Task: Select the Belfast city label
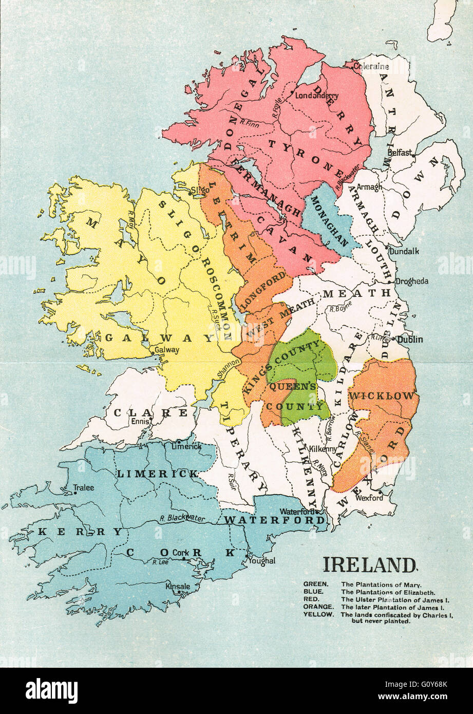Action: point(400,153)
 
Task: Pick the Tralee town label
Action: point(84,487)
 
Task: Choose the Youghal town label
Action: point(262,561)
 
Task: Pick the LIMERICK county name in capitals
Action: point(158,473)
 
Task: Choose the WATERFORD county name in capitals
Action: point(275,520)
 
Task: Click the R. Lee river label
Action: point(160,562)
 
